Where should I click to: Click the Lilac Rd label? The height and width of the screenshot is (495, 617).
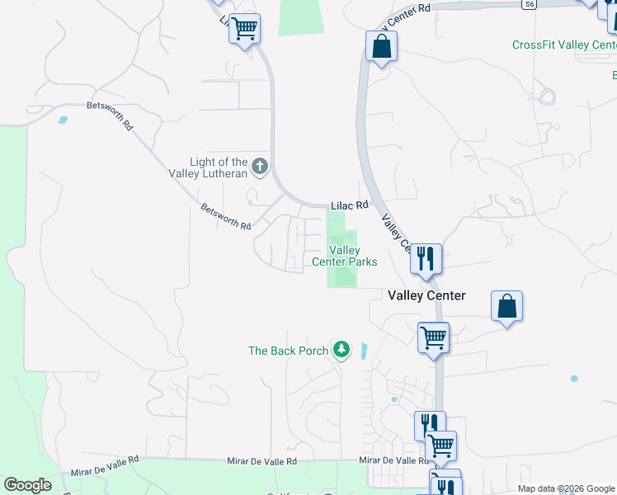(x=349, y=205)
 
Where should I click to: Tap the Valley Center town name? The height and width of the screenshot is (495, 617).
(x=426, y=295)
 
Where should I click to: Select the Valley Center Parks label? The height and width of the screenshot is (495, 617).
(x=345, y=256)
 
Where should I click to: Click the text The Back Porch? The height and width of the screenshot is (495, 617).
(x=289, y=351)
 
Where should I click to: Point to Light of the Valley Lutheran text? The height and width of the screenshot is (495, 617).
(x=219, y=167)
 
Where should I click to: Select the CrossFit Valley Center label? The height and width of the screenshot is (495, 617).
(x=563, y=45)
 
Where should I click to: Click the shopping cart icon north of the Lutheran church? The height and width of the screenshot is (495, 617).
(x=244, y=29)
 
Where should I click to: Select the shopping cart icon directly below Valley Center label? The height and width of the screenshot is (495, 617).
(x=433, y=337)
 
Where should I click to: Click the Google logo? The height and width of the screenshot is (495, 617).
(x=27, y=485)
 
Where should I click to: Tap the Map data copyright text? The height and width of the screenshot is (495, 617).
(x=567, y=488)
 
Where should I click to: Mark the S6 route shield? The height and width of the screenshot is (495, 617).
(x=529, y=4)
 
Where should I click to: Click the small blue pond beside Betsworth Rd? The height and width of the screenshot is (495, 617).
(x=63, y=120)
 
